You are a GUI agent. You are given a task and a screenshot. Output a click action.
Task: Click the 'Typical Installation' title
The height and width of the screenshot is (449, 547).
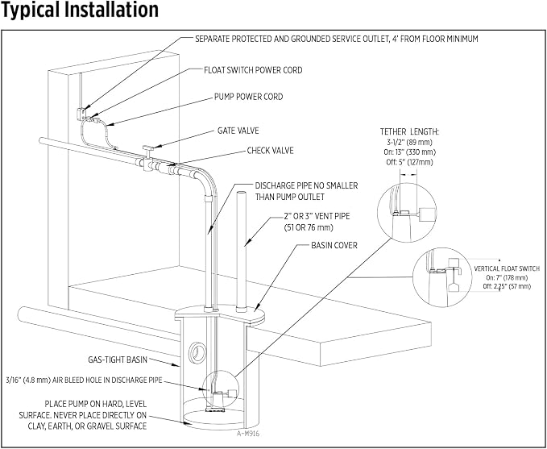(x=80, y=10)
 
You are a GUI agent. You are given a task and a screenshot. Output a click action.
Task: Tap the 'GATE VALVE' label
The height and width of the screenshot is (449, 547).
(x=238, y=131)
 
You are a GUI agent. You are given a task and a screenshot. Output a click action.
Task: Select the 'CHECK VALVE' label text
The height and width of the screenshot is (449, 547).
(x=271, y=151)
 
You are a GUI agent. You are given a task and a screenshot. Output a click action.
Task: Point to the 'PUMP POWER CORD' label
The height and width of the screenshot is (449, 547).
(x=248, y=97)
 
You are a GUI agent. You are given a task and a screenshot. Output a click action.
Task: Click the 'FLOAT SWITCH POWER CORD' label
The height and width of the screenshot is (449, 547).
(x=253, y=70)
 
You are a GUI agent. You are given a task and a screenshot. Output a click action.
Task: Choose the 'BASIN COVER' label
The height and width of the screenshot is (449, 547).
(x=334, y=245)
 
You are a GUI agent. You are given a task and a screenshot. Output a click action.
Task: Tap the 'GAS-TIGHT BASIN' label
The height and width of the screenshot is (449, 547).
(x=118, y=360)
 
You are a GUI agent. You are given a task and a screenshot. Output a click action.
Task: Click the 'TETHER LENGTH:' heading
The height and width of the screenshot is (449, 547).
(x=409, y=132)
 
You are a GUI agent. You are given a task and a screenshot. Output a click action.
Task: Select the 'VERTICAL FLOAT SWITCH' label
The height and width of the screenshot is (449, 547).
(x=507, y=268)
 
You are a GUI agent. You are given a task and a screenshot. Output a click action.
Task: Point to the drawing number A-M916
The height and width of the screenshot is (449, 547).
(x=248, y=434)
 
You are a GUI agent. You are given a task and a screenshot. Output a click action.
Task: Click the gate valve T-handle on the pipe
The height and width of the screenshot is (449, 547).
(x=148, y=149)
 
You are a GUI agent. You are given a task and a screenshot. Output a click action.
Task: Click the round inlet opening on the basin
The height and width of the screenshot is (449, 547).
(x=197, y=353)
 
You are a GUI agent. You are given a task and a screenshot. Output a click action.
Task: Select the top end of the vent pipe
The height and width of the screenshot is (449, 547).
(x=242, y=193)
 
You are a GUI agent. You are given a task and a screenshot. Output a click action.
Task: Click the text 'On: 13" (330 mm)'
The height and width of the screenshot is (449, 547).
(x=409, y=152)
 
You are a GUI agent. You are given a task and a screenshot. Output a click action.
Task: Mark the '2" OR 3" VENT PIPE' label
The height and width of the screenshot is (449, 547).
(x=317, y=217)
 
